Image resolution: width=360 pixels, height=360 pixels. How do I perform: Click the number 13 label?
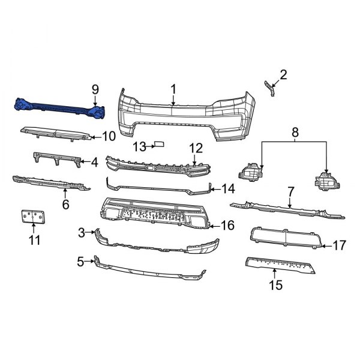[139, 146]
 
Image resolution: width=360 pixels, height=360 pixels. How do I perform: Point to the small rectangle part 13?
[161, 145]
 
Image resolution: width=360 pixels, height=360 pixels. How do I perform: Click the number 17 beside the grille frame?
[339, 245]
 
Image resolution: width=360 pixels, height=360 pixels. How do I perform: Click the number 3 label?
[81, 231]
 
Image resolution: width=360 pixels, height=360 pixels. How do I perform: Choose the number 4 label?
[94, 161]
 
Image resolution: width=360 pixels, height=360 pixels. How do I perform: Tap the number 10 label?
[109, 136]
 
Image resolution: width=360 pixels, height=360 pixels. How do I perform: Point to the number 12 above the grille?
[196, 148]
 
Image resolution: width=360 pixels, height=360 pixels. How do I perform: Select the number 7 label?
[290, 191]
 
